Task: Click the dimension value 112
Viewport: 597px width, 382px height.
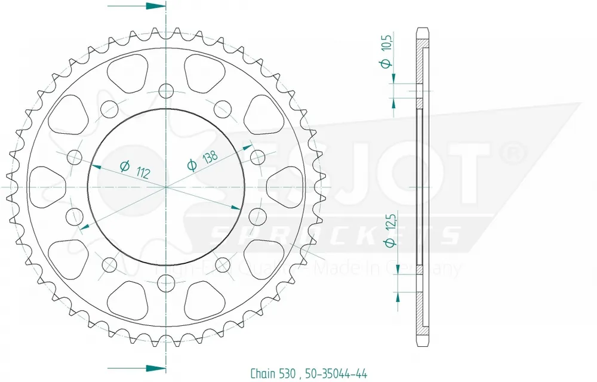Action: click(x=142, y=173)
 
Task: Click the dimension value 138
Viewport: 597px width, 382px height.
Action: click(x=209, y=156)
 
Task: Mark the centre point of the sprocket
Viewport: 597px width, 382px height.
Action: click(x=165, y=187)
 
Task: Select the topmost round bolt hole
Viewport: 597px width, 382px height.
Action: click(x=165, y=91)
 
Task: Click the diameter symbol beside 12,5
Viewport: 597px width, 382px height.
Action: click(x=388, y=242)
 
